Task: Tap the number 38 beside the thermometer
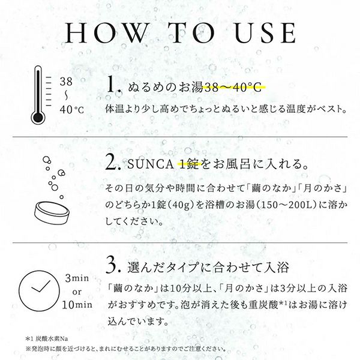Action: [x=67, y=80]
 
